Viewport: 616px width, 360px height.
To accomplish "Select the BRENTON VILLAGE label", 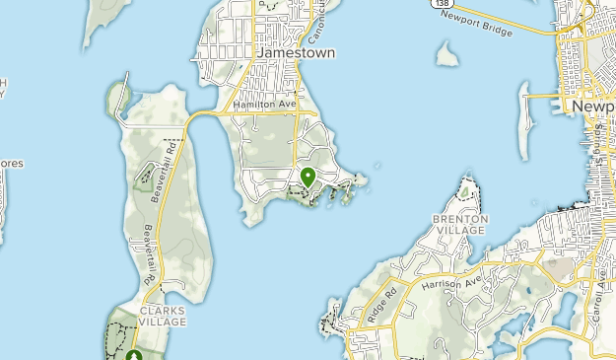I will (x=459, y=224).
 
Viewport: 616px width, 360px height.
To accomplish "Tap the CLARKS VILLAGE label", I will (x=162, y=316).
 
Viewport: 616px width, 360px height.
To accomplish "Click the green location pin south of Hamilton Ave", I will (x=308, y=178).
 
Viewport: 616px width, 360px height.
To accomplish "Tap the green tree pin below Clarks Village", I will (x=133, y=355).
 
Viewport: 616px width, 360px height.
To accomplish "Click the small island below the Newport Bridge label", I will (x=447, y=56).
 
